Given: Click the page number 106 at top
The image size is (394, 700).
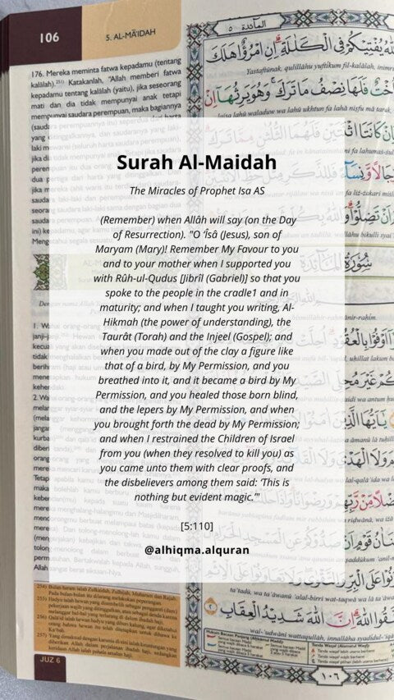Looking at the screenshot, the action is coord(48,37).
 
